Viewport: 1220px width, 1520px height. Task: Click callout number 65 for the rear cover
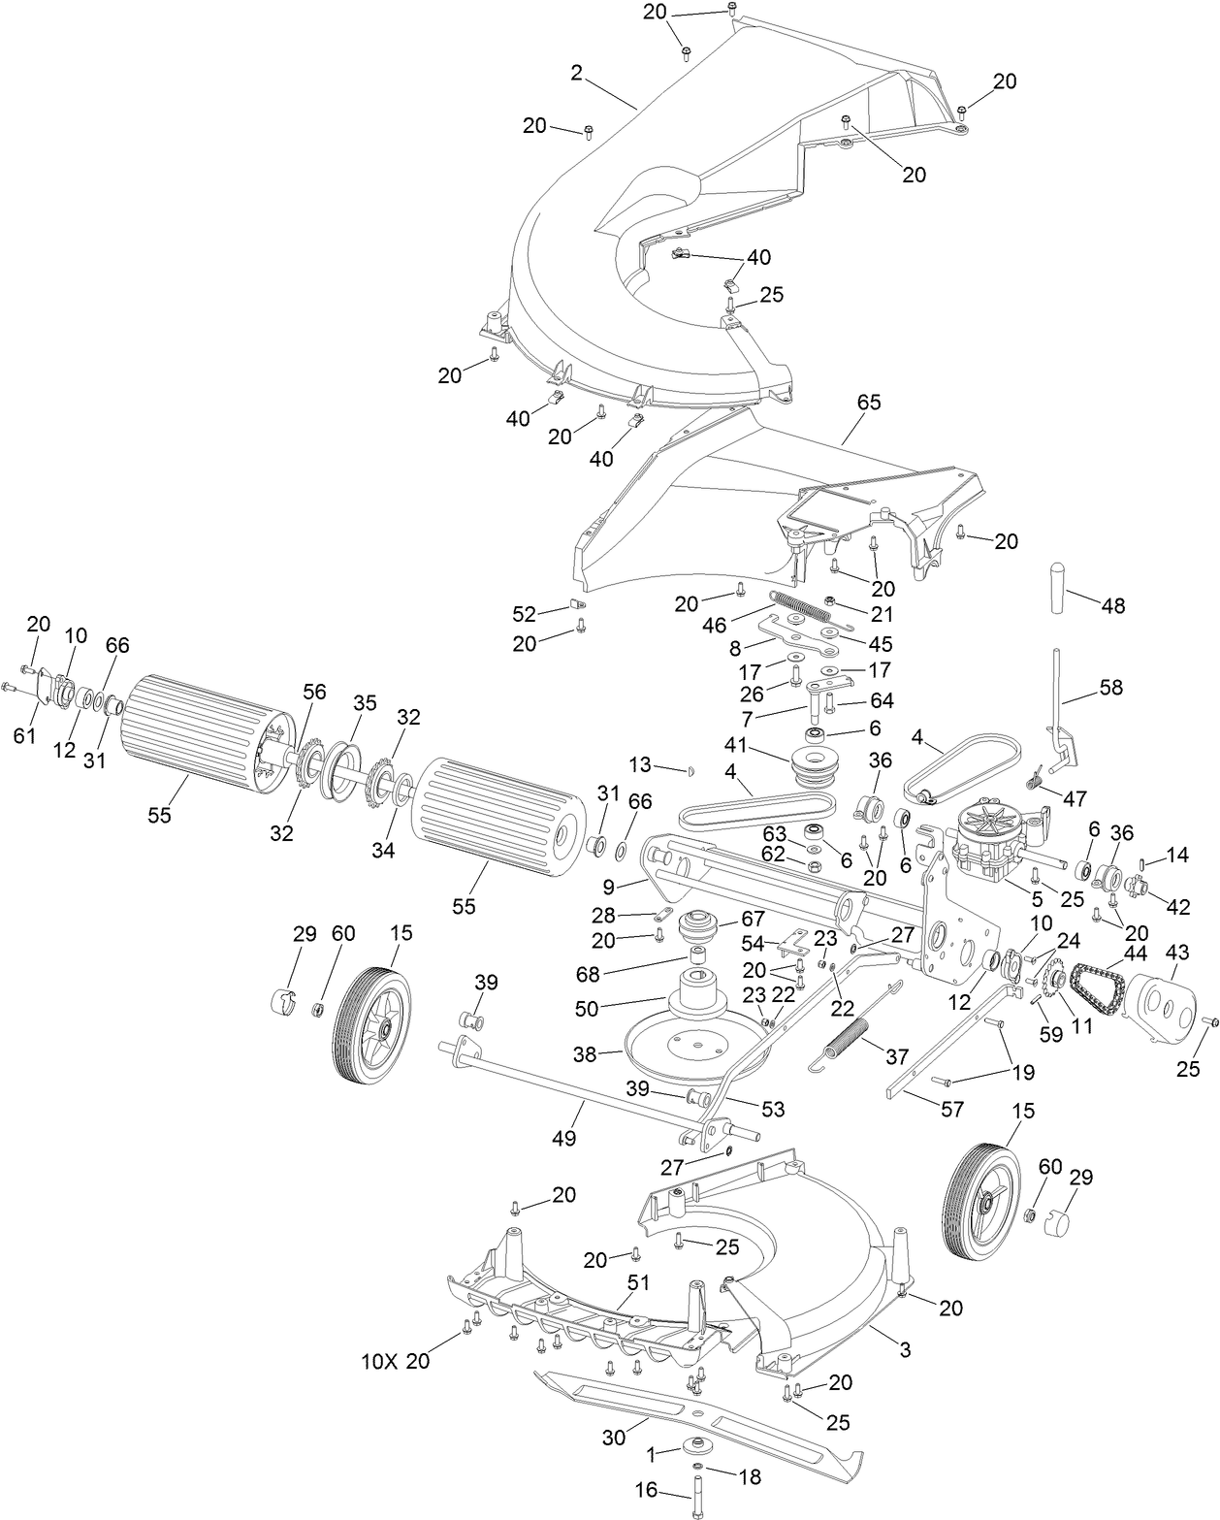pos(869,402)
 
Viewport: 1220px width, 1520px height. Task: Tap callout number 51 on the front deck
pos(637,1280)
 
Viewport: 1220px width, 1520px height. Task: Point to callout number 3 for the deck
pos(905,1349)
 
